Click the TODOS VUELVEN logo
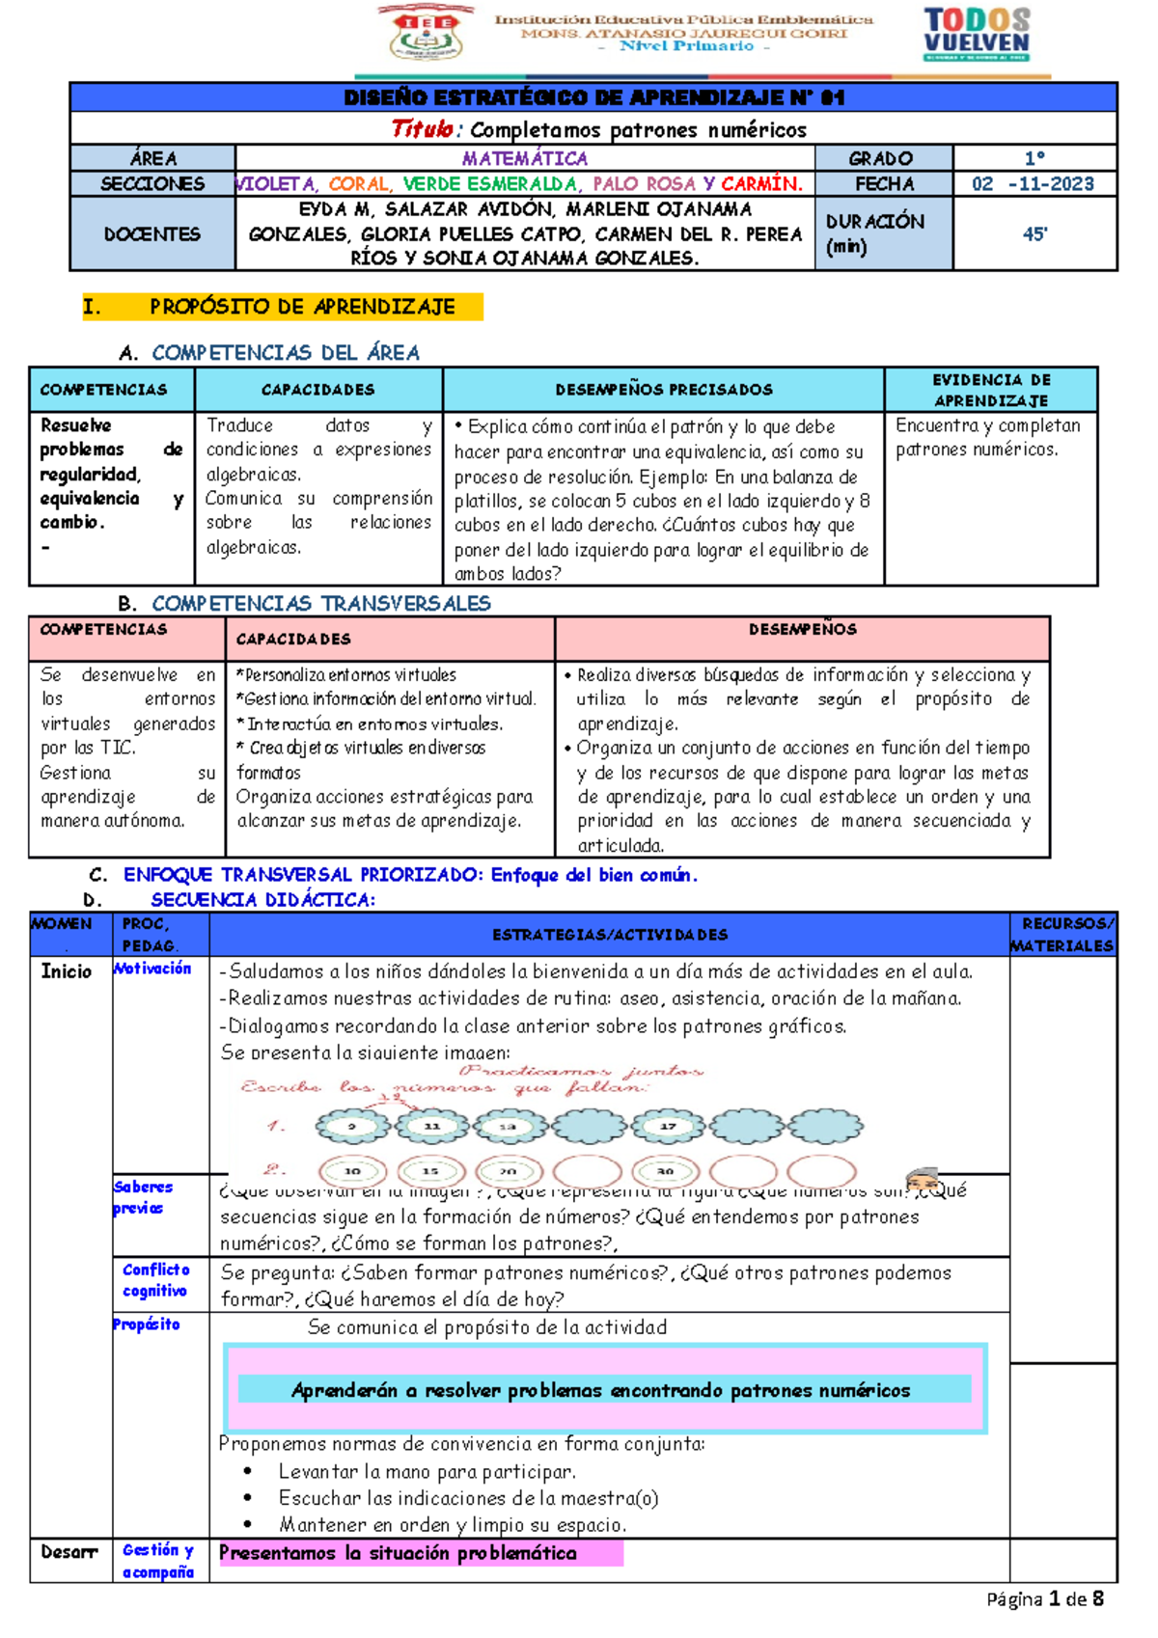977,34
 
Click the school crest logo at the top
426,34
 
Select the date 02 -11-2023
1033,183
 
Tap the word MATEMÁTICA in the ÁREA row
524,158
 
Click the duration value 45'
1034,233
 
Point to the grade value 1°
1034,158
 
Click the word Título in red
423,129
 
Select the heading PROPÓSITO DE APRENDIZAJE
302,307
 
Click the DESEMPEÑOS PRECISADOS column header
664,390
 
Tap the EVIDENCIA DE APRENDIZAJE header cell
990,390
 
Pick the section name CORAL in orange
359,183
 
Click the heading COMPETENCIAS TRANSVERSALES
321,604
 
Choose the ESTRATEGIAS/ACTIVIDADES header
610,935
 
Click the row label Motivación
153,969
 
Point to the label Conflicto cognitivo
155,1280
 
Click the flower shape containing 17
668,1126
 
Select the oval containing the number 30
666,1171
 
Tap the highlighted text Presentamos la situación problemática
398,1553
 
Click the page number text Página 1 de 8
1044,1598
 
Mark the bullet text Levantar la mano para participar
427,1472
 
